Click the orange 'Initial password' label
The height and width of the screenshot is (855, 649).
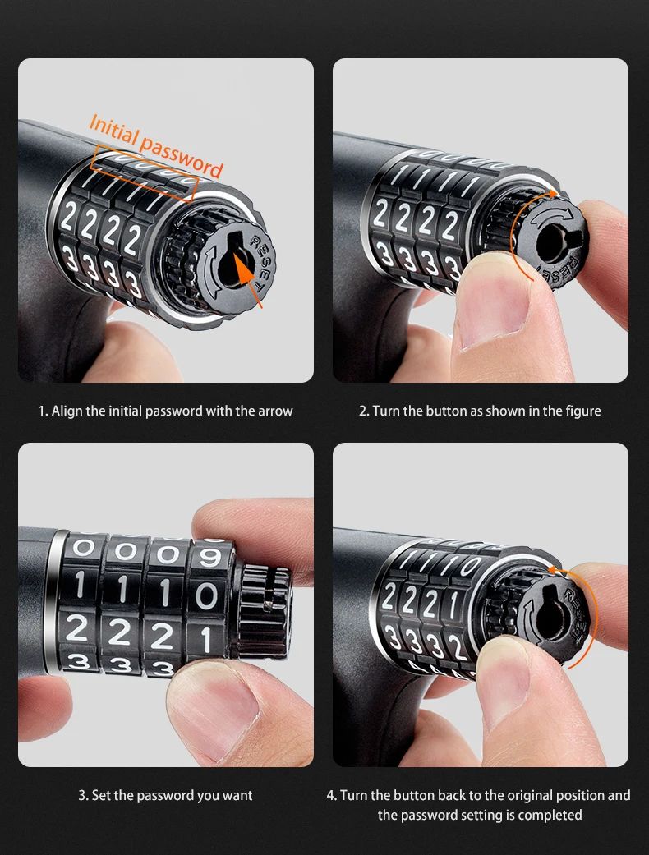pos(157,145)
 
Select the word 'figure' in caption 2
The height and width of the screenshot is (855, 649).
pos(582,411)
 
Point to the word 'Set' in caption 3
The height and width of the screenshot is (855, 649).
pos(100,795)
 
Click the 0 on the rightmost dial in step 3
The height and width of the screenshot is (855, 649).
pos(205,596)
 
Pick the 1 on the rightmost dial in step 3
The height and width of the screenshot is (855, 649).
pos(206,640)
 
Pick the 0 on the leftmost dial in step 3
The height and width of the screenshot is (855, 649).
pos(82,548)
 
